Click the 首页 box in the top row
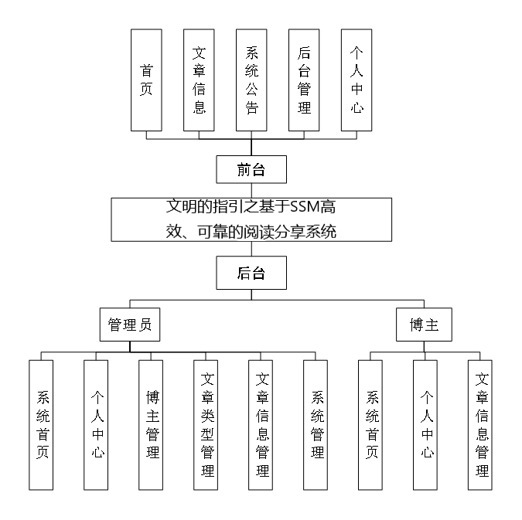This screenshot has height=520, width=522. (x=146, y=80)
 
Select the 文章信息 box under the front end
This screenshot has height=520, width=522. (x=199, y=80)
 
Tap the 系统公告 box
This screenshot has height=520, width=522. (x=251, y=80)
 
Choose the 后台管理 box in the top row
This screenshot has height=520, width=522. (x=304, y=80)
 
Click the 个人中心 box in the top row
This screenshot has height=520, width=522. (x=357, y=80)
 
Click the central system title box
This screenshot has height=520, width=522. (x=251, y=219)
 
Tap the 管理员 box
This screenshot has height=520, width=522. (x=130, y=325)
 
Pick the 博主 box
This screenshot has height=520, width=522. (x=425, y=325)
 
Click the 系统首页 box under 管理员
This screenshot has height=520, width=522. (x=43, y=424)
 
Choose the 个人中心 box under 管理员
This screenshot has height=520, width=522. (x=97, y=424)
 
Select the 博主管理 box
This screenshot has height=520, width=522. (x=152, y=424)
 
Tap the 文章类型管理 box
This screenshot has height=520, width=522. (x=206, y=424)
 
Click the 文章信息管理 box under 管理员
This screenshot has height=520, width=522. (x=261, y=424)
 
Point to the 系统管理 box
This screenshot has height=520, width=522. (x=316, y=424)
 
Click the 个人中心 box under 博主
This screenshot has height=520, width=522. (x=427, y=424)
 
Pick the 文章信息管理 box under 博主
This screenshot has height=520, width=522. (x=482, y=424)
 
